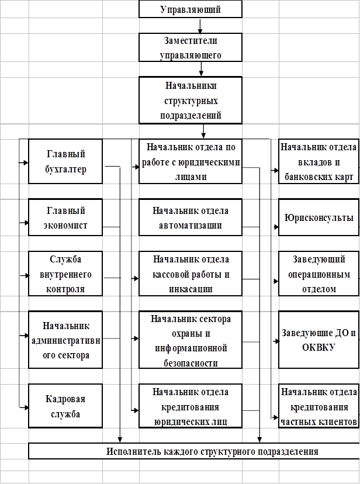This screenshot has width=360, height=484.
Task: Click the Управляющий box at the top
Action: click(191, 10)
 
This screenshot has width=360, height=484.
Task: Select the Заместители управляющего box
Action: click(191, 47)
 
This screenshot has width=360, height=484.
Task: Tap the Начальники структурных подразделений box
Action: click(191, 100)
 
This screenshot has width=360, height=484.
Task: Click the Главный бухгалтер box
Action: click(65, 162)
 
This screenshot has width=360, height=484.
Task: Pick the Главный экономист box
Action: click(65, 218)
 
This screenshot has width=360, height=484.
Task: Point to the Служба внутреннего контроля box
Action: click(65, 274)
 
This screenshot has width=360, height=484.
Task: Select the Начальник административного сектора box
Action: click(65, 340)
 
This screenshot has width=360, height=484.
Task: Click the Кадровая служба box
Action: click(65, 406)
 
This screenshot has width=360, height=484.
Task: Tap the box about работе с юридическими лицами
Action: click(191, 161)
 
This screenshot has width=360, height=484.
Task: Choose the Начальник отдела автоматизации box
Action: click(191, 217)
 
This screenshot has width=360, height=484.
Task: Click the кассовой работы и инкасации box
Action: click(191, 274)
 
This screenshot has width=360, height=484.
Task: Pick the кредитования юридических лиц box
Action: click(191, 406)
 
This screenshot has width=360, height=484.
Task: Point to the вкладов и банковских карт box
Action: click(318, 162)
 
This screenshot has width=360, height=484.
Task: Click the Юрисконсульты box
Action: click(318, 218)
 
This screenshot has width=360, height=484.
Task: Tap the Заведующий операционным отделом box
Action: click(318, 274)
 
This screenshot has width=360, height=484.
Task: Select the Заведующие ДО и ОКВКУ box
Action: click(318, 340)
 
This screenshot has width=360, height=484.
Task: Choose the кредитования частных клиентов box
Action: click(318, 406)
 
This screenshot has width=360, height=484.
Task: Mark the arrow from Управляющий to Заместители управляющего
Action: click(200, 26)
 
